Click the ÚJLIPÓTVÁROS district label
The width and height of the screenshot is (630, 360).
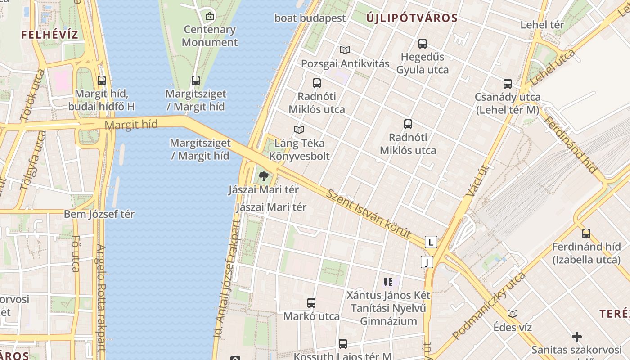pyautogui.click(x=412, y=18)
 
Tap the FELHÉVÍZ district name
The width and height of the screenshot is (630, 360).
pyautogui.click(x=49, y=35)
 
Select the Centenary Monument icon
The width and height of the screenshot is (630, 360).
pyautogui.click(x=209, y=17)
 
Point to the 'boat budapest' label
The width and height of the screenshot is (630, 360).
pyautogui.click(x=310, y=18)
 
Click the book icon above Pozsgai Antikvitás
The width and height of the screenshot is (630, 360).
pyautogui.click(x=345, y=50)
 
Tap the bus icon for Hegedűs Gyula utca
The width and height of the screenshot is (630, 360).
pyautogui.click(x=422, y=44)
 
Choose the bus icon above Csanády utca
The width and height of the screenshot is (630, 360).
pyautogui.click(x=508, y=84)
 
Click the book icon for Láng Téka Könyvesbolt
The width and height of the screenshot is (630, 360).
pyautogui.click(x=299, y=130)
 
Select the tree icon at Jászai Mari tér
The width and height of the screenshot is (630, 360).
pyautogui.click(x=264, y=176)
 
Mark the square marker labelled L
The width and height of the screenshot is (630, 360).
pyautogui.click(x=431, y=242)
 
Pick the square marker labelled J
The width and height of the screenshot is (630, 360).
pyautogui.click(x=427, y=262)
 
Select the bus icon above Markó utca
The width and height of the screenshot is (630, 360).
pyautogui.click(x=311, y=303)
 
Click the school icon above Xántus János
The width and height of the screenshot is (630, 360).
pyautogui.click(x=388, y=283)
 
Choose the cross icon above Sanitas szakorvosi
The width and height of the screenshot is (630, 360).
pyautogui.click(x=576, y=337)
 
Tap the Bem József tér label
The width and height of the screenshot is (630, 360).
pyautogui.click(x=99, y=214)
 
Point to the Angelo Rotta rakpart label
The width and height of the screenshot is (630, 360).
pyautogui.click(x=101, y=297)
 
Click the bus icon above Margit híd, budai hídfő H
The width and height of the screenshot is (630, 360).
pyautogui.click(x=102, y=81)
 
